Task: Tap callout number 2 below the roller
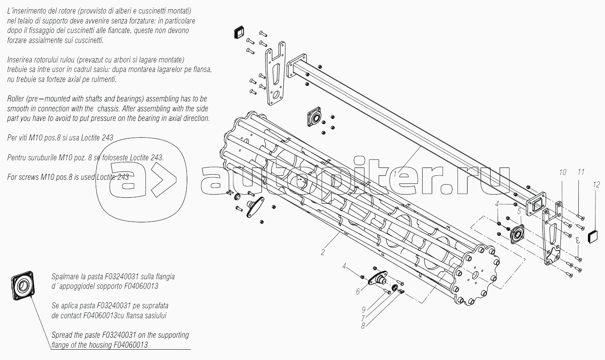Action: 323,252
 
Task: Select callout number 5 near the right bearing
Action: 519,211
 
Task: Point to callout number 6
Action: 358,292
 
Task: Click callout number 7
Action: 363,318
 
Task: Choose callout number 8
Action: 363,326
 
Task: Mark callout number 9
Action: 364,310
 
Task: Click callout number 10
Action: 562,172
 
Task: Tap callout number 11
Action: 581,172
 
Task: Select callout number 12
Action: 596,185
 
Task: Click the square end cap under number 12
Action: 593,237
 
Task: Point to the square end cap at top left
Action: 239,33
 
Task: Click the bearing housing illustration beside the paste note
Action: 23,286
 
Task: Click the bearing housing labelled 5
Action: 517,234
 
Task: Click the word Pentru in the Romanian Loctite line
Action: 16,157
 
